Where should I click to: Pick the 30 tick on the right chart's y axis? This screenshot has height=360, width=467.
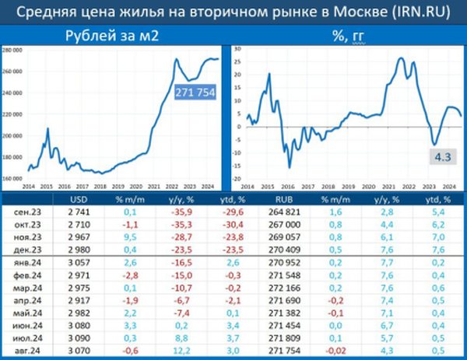coord(239,48)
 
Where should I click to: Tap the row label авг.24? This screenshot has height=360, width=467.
coord(30,351)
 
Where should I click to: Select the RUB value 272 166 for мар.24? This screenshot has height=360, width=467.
coord(282,287)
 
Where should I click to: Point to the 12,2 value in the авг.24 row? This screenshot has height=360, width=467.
coord(184,351)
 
